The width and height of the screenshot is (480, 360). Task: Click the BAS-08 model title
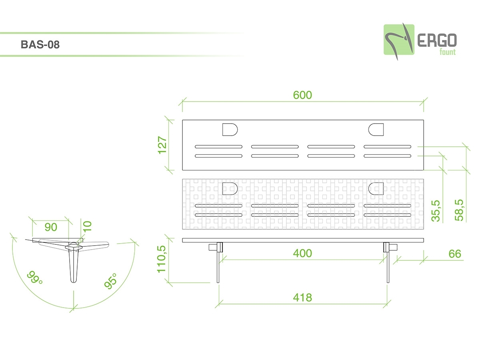tap(40, 44)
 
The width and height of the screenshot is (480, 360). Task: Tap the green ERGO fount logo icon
tap(398, 40)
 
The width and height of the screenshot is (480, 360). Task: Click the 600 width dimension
tap(302, 95)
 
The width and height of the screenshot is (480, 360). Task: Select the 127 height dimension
tap(162, 146)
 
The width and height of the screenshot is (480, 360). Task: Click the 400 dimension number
tap(302, 253)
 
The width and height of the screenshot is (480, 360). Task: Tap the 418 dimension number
tap(302, 298)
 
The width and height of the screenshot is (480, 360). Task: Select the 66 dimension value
tap(455, 254)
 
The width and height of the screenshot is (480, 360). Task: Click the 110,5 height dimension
tap(162, 260)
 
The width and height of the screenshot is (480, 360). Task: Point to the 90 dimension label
tap(51, 227)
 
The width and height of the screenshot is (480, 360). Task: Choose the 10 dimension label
tap(88, 226)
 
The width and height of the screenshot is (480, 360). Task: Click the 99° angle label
tap(35, 277)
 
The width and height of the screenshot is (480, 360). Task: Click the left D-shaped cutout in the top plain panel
tap(230, 130)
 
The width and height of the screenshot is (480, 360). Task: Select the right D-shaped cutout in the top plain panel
tap(376, 130)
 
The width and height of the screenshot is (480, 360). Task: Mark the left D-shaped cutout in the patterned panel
tap(230, 188)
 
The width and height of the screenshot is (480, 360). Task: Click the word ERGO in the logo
tap(437, 40)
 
